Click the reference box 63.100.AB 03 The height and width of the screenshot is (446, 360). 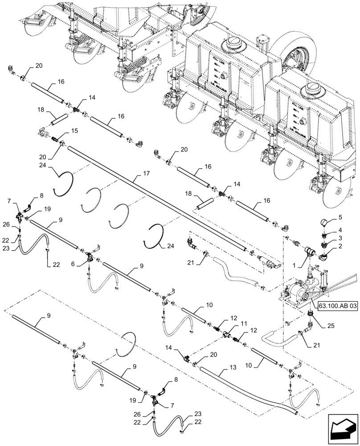[x=338, y=306]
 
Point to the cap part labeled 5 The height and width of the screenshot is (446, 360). [x=326, y=222]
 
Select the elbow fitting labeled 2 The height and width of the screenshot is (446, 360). [x=324, y=256]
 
